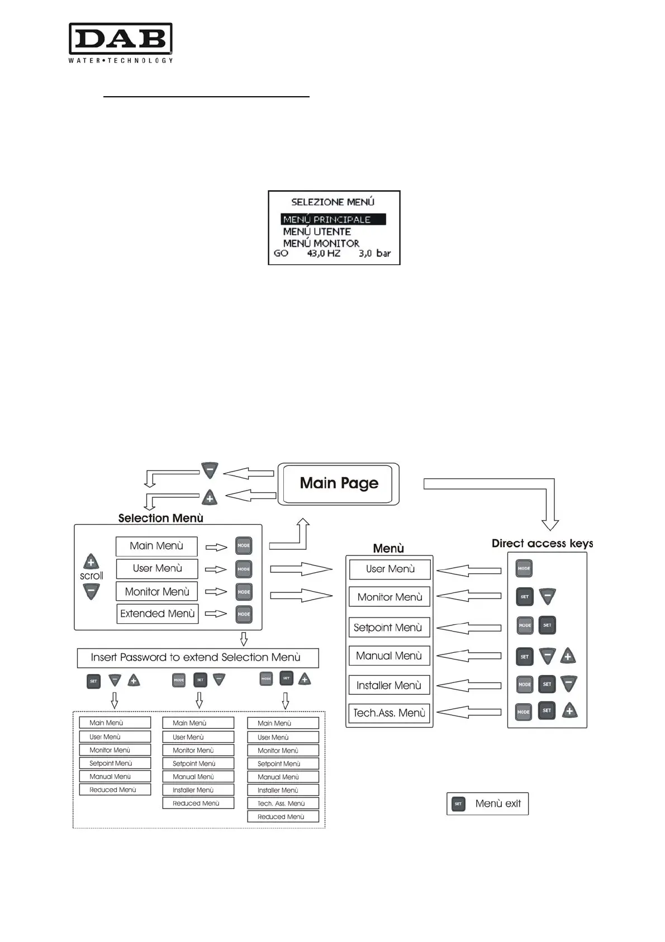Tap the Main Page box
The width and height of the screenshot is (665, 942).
(x=339, y=484)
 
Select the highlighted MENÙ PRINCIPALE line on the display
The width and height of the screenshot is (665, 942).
(x=333, y=219)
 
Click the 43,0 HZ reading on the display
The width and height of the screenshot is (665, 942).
(x=324, y=253)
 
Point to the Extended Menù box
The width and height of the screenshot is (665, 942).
(x=158, y=614)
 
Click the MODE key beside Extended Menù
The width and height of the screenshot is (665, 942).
(x=244, y=614)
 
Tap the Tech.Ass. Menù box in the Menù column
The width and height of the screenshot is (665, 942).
(x=389, y=713)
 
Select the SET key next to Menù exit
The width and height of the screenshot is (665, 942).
(x=458, y=804)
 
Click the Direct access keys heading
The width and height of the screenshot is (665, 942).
(x=542, y=543)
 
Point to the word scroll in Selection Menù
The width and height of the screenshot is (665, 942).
(x=91, y=576)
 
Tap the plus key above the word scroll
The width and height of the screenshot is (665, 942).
(x=91, y=562)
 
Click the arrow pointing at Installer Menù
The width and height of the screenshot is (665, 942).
(x=468, y=685)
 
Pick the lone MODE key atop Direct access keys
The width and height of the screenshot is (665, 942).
(x=524, y=568)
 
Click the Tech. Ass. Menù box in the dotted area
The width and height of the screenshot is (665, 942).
(x=283, y=803)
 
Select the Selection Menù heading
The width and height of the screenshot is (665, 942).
(x=160, y=518)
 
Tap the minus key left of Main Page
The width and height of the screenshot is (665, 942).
(x=210, y=470)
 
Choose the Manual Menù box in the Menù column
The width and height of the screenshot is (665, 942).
(x=389, y=656)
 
